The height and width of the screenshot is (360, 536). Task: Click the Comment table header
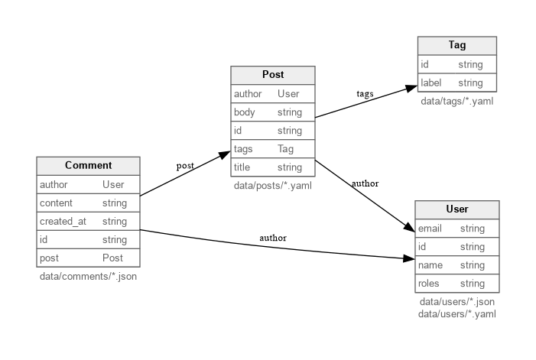(x=88, y=166)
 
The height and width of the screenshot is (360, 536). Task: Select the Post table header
(x=273, y=75)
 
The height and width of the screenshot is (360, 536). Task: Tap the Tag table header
(x=456, y=46)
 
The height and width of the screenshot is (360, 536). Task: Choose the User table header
(x=456, y=209)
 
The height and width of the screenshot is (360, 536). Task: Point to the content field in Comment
(x=56, y=203)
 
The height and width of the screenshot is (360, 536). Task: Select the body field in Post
(x=245, y=112)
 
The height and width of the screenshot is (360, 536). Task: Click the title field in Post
(x=242, y=167)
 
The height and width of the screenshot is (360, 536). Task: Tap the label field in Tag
(x=431, y=83)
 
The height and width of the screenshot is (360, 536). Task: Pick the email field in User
(x=430, y=229)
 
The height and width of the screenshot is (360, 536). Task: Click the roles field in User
(x=429, y=284)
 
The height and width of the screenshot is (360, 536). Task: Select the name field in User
(x=430, y=265)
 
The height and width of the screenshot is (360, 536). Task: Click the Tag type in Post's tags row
(x=285, y=149)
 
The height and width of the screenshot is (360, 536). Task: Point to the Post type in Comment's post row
(x=112, y=258)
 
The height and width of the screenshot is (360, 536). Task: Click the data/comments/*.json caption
(x=88, y=276)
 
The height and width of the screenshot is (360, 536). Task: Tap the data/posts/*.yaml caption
(x=273, y=186)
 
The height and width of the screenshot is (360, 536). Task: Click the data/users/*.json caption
(x=456, y=302)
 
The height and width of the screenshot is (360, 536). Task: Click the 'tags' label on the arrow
(x=365, y=94)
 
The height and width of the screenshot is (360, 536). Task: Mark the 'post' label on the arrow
(x=185, y=165)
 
